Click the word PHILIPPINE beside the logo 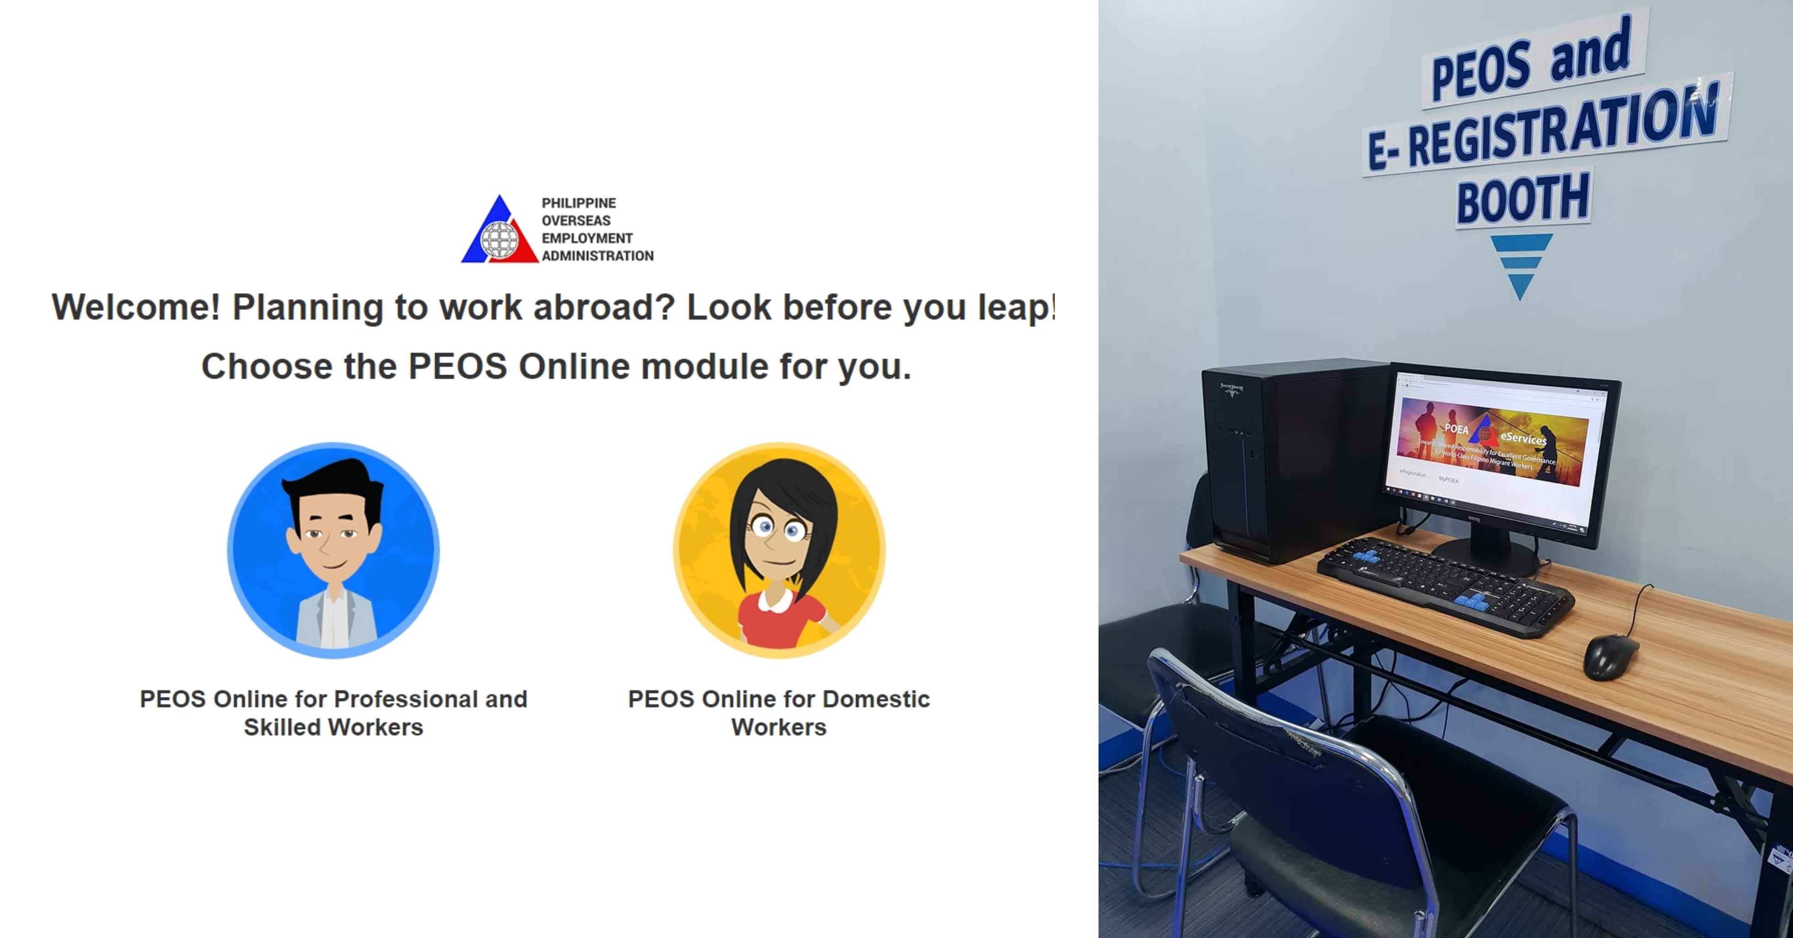pyautogui.click(x=579, y=203)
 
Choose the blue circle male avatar pyautogui.click(x=333, y=550)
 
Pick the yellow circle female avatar pyautogui.click(x=779, y=550)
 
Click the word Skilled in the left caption pyautogui.click(x=282, y=727)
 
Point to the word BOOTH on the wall pyautogui.click(x=1523, y=199)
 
